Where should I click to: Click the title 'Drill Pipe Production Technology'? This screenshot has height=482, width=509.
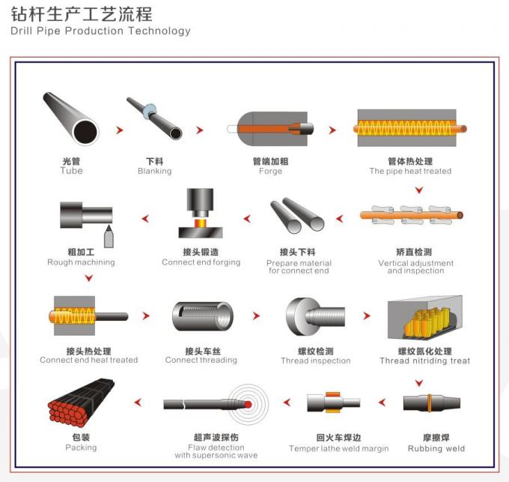point(101,31)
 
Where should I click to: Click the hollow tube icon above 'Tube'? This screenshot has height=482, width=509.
point(70,118)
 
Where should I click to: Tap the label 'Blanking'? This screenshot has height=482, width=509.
point(154,171)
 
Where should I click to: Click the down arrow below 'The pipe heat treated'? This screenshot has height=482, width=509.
point(419,190)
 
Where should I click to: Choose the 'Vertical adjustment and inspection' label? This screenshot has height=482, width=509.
point(415,267)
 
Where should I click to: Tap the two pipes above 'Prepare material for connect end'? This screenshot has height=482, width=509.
point(297,216)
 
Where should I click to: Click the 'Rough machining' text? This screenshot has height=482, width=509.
point(81,262)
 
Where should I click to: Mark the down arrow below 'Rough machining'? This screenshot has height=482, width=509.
point(88,279)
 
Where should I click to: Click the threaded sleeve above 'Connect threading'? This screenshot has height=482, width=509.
point(201,316)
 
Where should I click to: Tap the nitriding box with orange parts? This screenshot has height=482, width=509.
point(419,317)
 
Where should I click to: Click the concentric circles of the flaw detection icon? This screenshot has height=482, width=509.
point(248,404)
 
